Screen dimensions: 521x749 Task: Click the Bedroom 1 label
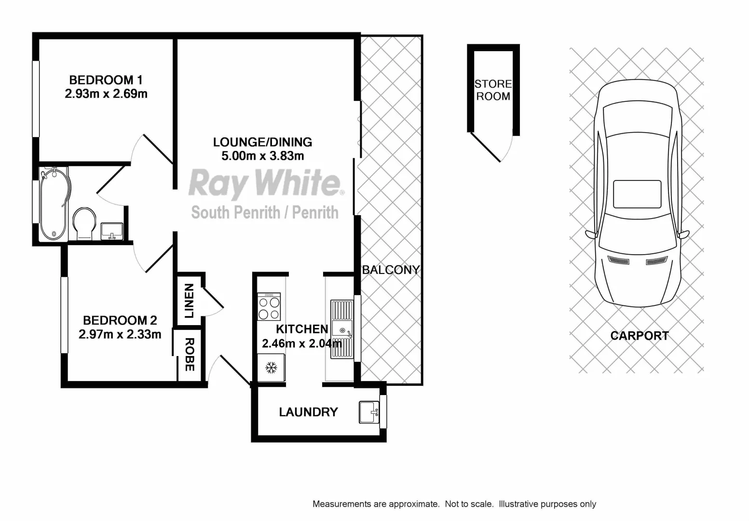pyautogui.click(x=106, y=80)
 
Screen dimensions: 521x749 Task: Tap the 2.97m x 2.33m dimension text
pyautogui.click(x=120, y=334)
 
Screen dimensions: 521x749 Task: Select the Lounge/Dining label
pyautogui.click(x=262, y=142)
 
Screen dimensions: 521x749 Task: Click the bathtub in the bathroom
pyautogui.click(x=54, y=204)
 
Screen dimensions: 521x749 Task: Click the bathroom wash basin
pyautogui.click(x=112, y=231)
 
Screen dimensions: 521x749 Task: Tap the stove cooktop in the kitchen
pyautogui.click(x=269, y=307)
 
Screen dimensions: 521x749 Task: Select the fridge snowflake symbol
pyautogui.click(x=272, y=368)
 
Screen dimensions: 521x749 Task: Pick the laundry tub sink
pyautogui.click(x=369, y=412)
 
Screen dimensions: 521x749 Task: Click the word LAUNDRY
pyautogui.click(x=308, y=412)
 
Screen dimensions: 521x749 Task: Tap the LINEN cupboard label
pyautogui.click(x=189, y=301)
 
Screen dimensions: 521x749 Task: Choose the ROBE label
pyautogui.click(x=190, y=355)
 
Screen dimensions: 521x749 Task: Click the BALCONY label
pyautogui.click(x=391, y=270)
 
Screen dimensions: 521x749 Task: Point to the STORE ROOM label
pyautogui.click(x=493, y=90)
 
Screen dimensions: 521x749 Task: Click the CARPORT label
pyautogui.click(x=640, y=336)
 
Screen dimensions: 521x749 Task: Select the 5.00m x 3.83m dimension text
pyautogui.click(x=262, y=155)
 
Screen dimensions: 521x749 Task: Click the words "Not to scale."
pyautogui.click(x=469, y=504)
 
